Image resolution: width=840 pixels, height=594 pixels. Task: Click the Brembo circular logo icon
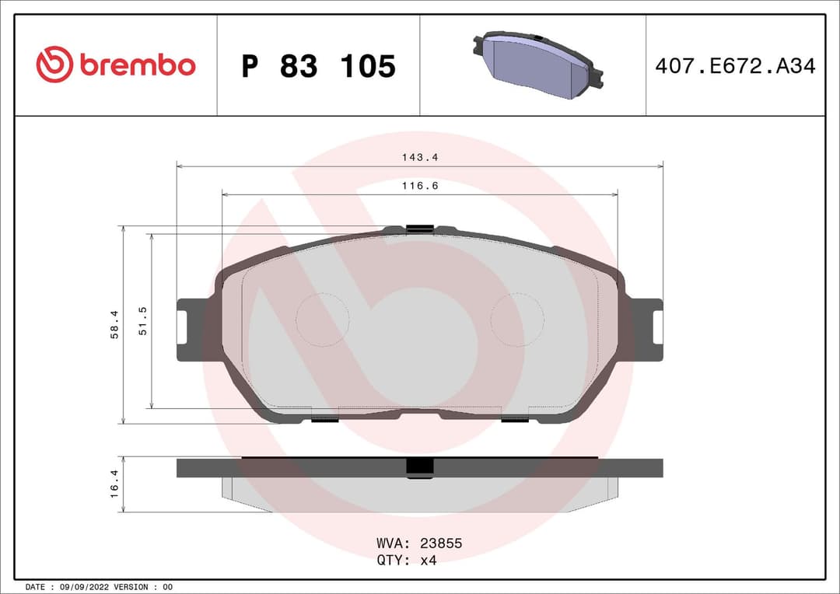[54, 65]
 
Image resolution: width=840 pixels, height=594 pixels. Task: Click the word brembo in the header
[138, 66]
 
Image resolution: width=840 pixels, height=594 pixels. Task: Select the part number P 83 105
[318, 67]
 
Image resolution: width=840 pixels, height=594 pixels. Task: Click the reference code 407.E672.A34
[735, 66]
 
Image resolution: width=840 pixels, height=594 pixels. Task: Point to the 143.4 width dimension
[420, 157]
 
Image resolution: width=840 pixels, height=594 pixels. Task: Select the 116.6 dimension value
[420, 186]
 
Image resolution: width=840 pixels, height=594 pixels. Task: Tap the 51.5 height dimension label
[142, 321]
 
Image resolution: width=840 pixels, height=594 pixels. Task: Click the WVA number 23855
[441, 543]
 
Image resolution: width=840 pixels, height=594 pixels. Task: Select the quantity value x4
[429, 561]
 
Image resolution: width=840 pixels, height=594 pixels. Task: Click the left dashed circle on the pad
[323, 320]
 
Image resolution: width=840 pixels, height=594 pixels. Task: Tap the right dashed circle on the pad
[517, 320]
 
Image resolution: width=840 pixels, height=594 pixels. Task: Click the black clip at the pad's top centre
[419, 228]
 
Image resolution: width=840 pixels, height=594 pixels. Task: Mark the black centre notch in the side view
[420, 466]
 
